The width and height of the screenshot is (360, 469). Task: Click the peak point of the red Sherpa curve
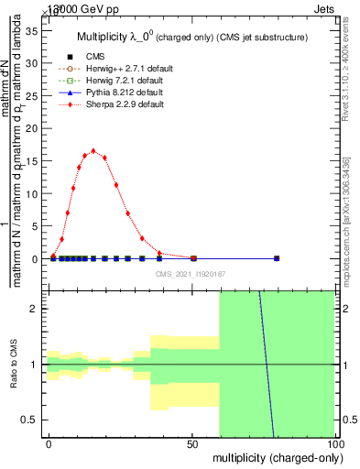(93, 151)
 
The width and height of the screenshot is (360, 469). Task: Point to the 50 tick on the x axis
(191, 442)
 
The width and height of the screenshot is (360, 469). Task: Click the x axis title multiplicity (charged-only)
(274, 456)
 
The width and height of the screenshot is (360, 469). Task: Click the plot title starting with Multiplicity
(191, 37)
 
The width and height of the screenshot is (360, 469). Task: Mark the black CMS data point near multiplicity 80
(277, 258)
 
